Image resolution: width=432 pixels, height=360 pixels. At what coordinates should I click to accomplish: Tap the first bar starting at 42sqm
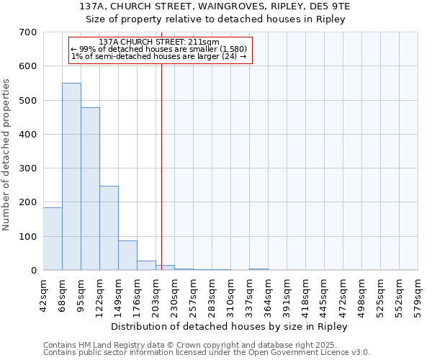53,238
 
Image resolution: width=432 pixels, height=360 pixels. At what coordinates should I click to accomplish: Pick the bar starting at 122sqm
109,228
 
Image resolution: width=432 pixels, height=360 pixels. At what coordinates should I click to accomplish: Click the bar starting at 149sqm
127,255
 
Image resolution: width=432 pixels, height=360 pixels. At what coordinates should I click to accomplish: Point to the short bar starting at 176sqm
146,265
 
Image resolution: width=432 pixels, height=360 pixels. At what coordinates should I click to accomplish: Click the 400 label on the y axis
28,135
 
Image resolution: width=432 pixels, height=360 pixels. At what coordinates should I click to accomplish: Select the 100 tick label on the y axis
28,237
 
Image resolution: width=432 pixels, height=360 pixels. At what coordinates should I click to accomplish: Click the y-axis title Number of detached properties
6,156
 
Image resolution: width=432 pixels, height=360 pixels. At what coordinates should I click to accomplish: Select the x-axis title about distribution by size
230,326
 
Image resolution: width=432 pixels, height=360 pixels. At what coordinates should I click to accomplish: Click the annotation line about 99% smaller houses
159,49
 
